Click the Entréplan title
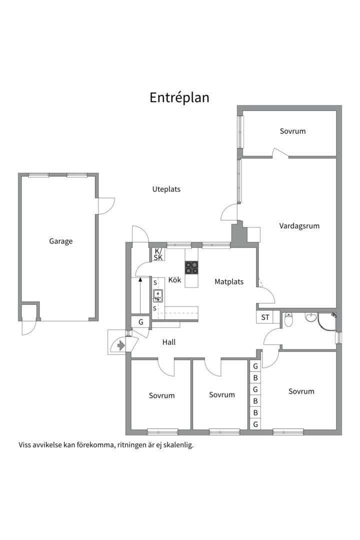179,98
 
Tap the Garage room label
60,241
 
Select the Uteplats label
166,189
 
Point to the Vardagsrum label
299,226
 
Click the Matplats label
228,281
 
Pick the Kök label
174,279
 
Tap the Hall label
169,342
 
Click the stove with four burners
191,267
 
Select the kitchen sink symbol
158,296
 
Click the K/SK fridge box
158,254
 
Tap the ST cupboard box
265,317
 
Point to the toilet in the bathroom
288,319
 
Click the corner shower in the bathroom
326,321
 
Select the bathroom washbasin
311,317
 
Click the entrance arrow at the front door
120,344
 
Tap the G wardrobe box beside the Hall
140,322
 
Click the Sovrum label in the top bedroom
292,131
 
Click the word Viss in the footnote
25,444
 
